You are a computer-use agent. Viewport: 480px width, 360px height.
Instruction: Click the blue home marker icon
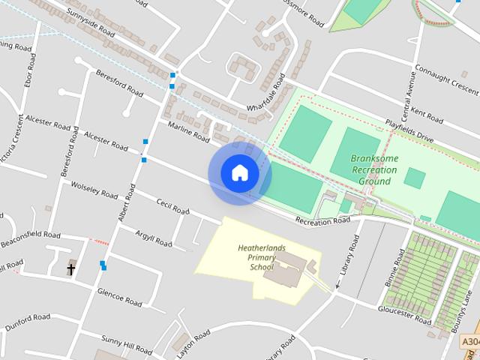(x=239, y=173)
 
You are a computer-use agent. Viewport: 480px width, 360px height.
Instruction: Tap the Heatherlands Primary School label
(x=257, y=256)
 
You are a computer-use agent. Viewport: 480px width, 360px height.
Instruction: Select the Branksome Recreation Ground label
(x=374, y=170)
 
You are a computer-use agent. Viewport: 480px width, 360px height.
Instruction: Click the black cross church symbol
(x=72, y=268)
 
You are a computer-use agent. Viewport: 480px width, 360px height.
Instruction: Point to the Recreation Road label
(x=322, y=220)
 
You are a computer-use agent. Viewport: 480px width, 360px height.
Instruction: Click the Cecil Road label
(x=172, y=206)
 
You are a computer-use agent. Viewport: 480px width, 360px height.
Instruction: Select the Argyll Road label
(x=154, y=239)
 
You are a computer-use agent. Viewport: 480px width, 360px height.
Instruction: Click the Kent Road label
(x=427, y=114)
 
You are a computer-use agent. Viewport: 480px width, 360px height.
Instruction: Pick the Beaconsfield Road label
(x=31, y=236)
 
